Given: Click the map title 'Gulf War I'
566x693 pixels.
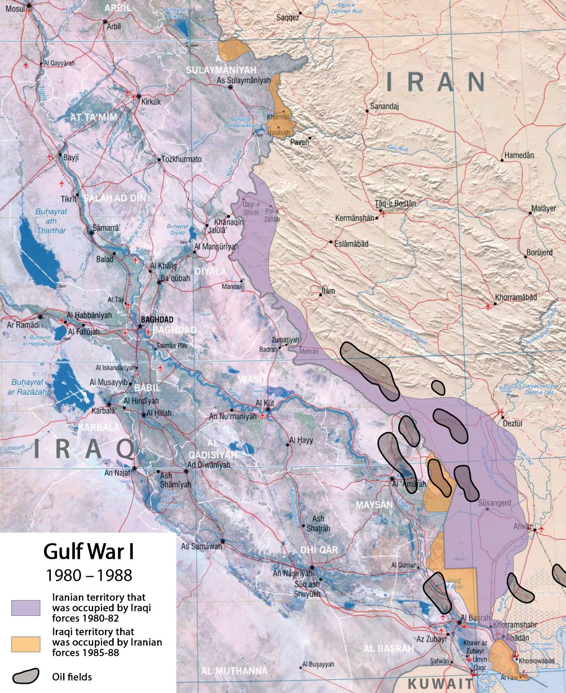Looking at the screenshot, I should (x=88, y=552).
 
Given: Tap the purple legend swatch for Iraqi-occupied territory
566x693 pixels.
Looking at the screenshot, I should (x=26, y=608).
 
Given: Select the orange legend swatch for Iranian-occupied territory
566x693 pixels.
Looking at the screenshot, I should (x=26, y=644).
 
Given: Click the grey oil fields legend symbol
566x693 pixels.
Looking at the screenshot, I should (x=26, y=676).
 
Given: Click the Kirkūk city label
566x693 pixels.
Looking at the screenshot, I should (x=151, y=102).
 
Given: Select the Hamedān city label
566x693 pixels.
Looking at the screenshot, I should (x=519, y=156).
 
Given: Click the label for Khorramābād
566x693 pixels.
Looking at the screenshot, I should (x=515, y=297).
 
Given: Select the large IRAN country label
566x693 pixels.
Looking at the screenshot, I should (x=436, y=82).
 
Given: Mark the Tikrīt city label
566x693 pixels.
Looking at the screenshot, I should (x=68, y=199).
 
